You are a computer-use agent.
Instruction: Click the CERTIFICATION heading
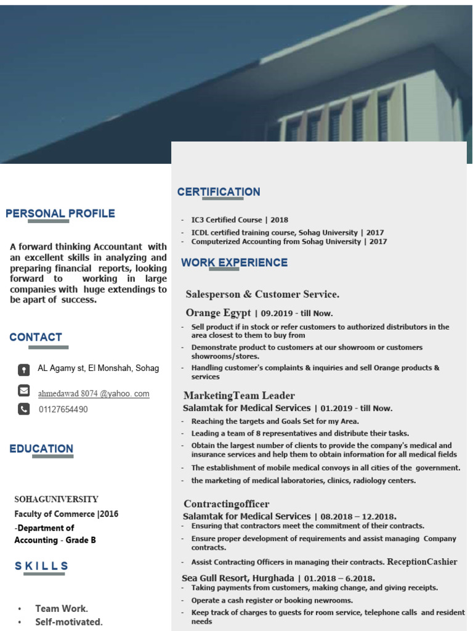click(219, 192)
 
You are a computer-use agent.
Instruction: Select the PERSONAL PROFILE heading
click(60, 214)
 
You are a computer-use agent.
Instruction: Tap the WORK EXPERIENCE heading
click(234, 263)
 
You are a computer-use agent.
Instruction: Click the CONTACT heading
click(36, 337)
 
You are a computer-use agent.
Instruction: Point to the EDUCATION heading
click(41, 449)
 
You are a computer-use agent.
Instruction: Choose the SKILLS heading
click(41, 566)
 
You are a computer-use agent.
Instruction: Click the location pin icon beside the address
click(23, 370)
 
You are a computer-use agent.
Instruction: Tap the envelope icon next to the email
click(23, 390)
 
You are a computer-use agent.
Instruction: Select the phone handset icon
click(23, 409)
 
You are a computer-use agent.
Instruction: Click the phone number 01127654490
click(63, 409)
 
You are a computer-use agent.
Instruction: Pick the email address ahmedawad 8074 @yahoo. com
click(94, 393)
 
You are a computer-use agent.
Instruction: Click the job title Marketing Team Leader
click(239, 396)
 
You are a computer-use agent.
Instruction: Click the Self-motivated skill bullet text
click(69, 622)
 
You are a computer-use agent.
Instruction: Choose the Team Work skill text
click(62, 609)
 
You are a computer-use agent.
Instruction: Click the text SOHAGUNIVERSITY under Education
click(57, 499)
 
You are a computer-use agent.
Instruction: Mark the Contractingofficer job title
click(227, 504)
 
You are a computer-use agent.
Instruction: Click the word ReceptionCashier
click(422, 561)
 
